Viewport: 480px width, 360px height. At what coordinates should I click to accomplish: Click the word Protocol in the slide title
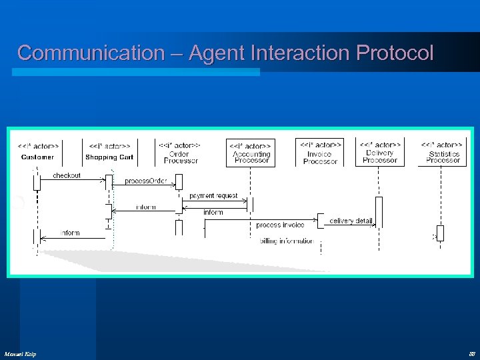[395, 53]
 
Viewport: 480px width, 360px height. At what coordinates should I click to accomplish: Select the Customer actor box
[38, 151]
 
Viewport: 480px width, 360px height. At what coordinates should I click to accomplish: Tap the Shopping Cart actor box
[109, 151]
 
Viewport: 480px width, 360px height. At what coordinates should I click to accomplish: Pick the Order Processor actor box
[180, 152]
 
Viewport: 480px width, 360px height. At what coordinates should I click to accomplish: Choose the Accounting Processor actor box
[251, 153]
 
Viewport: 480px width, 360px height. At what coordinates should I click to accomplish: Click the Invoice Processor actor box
[320, 152]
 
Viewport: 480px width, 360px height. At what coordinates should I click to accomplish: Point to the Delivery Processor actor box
[380, 152]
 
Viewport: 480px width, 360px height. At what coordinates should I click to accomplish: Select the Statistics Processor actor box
[443, 153]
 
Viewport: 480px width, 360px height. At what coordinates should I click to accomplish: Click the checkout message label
[67, 175]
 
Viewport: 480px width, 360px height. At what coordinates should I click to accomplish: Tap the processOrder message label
[145, 181]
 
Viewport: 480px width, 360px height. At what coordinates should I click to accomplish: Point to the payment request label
[213, 195]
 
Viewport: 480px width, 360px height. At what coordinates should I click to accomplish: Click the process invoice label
[280, 225]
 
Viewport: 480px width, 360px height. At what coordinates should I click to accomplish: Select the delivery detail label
[351, 221]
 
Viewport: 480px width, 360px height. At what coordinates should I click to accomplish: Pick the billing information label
[287, 241]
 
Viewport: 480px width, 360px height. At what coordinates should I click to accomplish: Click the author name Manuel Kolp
[20, 353]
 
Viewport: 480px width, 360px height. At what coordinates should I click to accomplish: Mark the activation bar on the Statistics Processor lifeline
[440, 233]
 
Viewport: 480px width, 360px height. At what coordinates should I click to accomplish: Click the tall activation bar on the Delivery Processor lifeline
[379, 212]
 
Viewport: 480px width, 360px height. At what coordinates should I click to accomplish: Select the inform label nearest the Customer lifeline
[70, 233]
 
